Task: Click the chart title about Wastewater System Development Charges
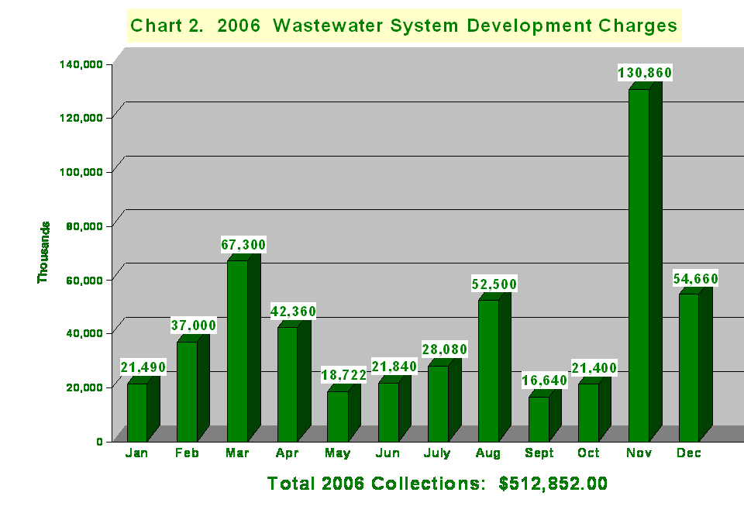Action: [404, 26]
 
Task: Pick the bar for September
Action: [539, 418]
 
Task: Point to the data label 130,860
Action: [645, 73]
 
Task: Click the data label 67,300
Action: [243, 245]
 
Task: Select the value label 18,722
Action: [344, 375]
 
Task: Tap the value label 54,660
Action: [695, 279]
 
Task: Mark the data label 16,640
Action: [545, 381]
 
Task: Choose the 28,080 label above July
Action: [444, 350]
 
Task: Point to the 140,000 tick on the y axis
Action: [81, 64]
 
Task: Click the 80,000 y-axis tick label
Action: [84, 226]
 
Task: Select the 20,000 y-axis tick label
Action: [84, 387]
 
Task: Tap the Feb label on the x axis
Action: [187, 453]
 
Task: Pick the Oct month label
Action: [588, 453]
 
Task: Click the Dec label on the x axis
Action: [689, 453]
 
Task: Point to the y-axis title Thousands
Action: [43, 252]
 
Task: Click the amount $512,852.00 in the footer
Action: [553, 484]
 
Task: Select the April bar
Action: [288, 384]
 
